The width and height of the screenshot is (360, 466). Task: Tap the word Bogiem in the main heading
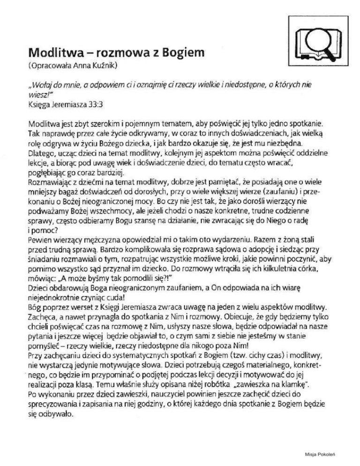(x=169, y=51)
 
